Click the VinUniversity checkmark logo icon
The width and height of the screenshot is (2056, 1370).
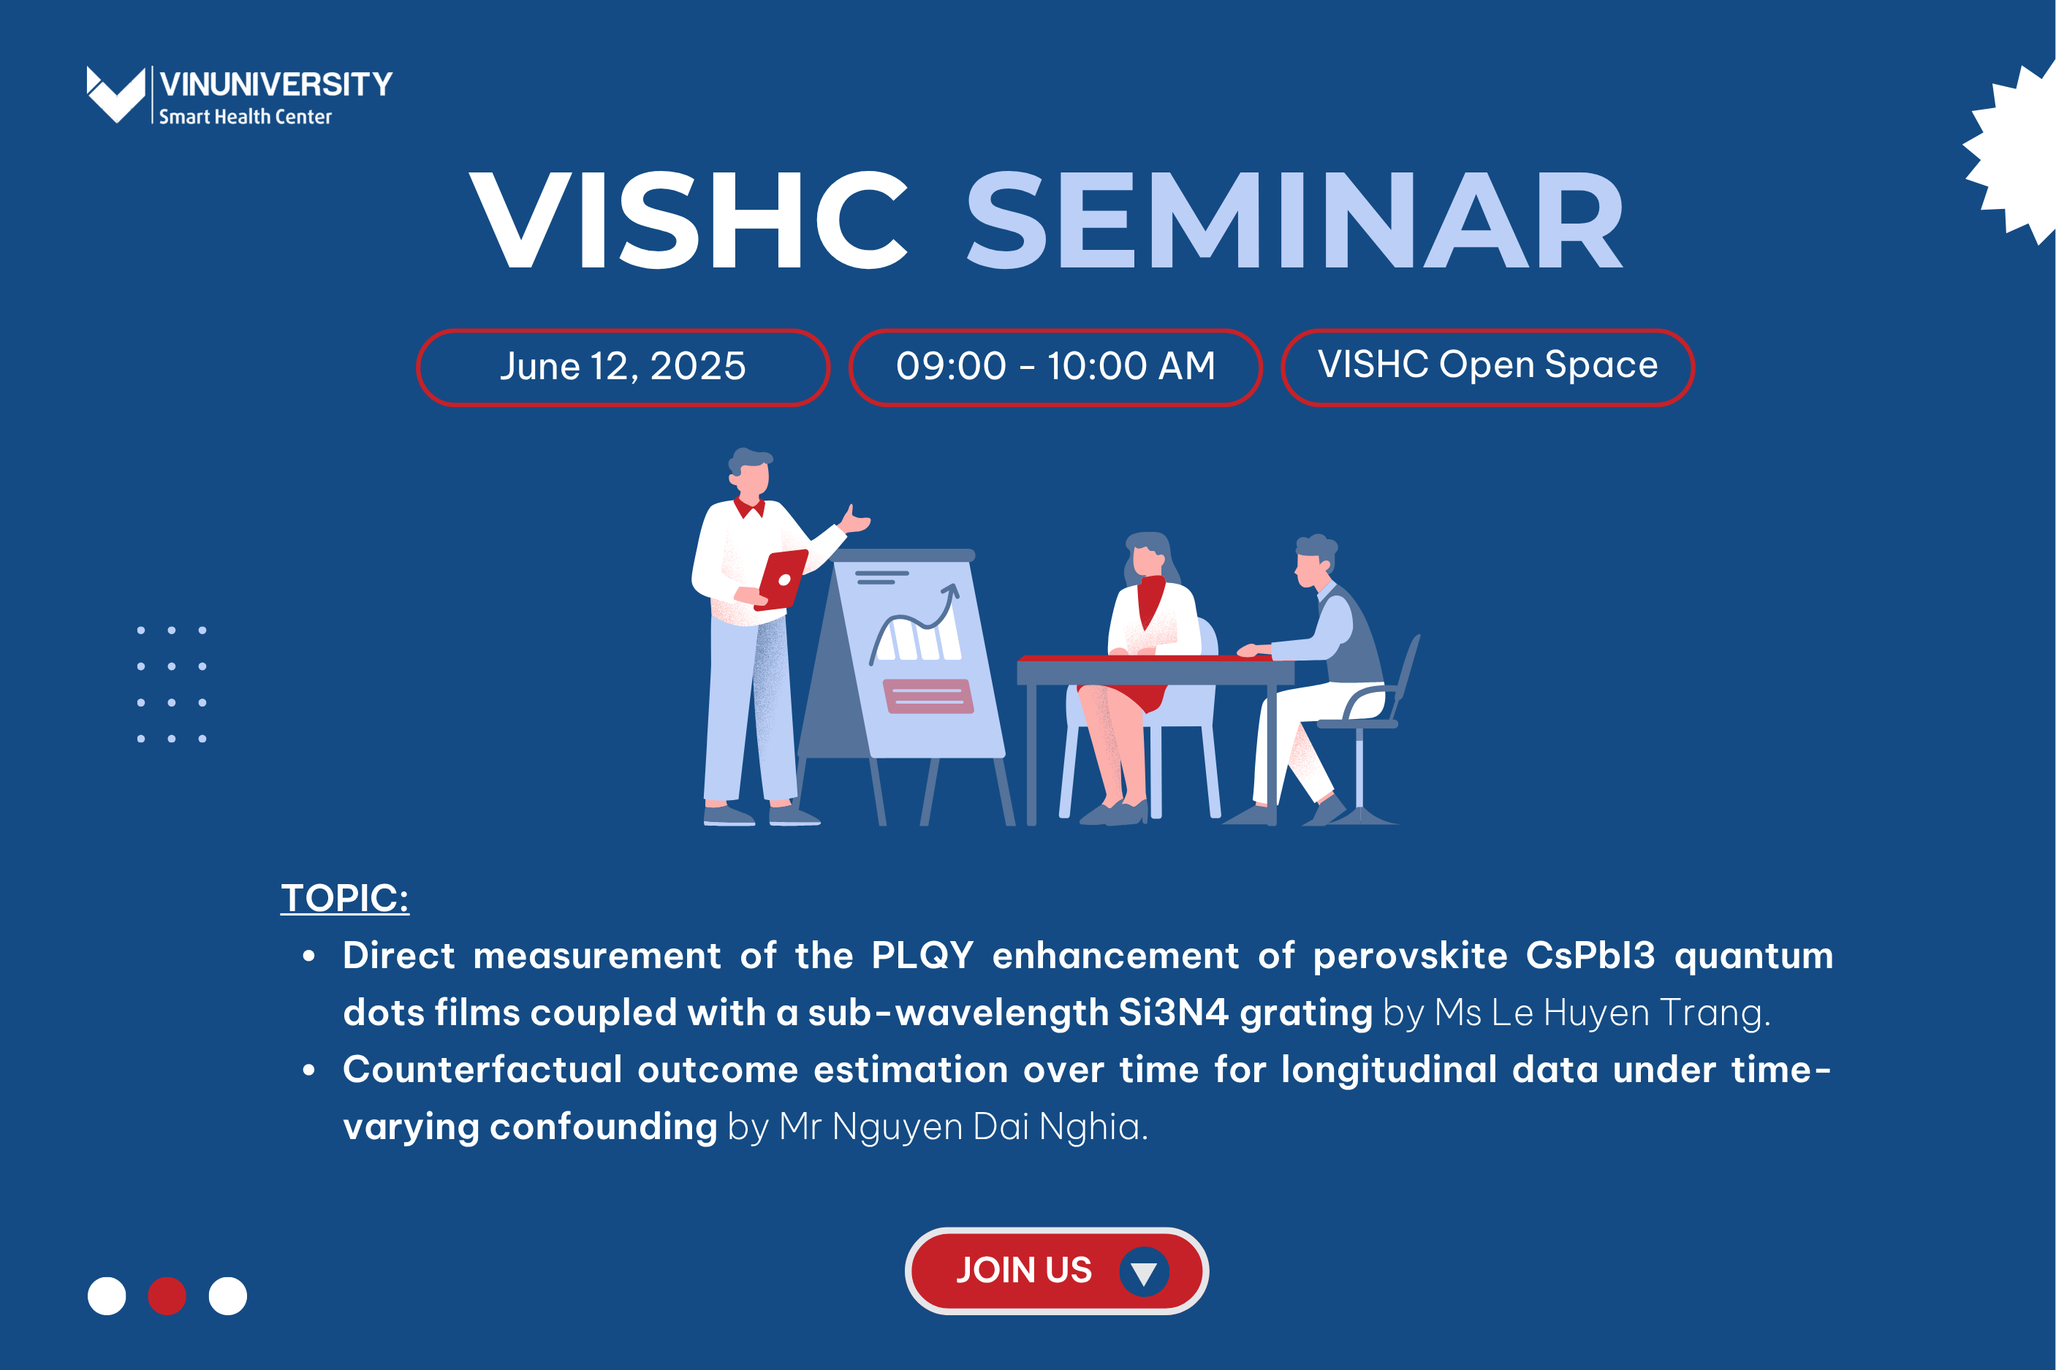pos(115,94)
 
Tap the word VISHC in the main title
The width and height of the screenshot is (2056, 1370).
pos(689,219)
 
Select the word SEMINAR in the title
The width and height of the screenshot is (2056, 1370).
pos(1294,219)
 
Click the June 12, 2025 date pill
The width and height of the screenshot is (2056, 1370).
pos(623,367)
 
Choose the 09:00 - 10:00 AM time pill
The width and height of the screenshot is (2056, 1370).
pos(1055,367)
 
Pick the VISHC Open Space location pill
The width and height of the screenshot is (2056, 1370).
pos(1487,367)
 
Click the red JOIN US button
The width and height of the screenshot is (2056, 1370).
pos(1056,1271)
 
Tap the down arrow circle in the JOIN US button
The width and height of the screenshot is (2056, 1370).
pos(1144,1271)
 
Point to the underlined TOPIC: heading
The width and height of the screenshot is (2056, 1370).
pos(344,898)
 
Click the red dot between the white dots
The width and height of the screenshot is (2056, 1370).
pos(167,1295)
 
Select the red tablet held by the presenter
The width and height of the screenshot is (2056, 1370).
pos(783,579)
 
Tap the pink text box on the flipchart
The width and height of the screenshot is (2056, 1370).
pos(928,696)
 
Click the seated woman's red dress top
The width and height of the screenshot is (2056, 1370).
pos(1150,602)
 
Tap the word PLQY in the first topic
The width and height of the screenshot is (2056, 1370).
pos(922,956)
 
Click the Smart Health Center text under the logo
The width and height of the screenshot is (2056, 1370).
pos(246,116)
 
